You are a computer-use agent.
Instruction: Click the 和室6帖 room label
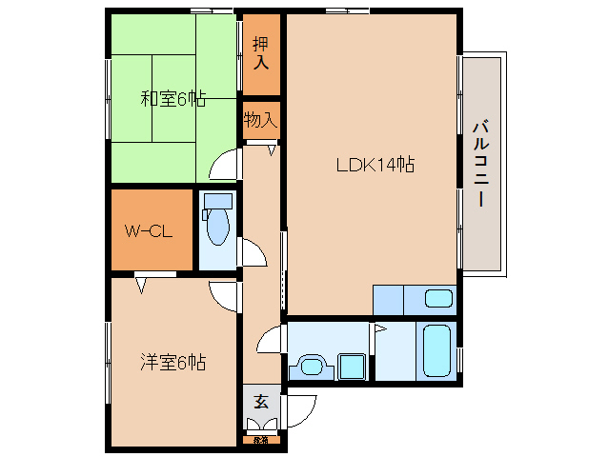(x=172, y=97)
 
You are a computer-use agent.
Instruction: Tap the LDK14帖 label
(x=375, y=164)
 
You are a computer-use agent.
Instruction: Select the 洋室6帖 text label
(x=172, y=362)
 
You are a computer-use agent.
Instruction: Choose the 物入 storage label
(x=259, y=120)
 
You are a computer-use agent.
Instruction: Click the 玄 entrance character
(x=260, y=402)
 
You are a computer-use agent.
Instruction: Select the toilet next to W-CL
(x=217, y=226)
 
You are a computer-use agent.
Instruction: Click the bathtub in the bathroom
(x=438, y=350)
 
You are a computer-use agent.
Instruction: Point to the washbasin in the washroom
(x=311, y=366)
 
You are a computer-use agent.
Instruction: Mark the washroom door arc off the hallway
(x=270, y=339)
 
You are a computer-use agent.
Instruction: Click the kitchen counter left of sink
(x=388, y=300)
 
